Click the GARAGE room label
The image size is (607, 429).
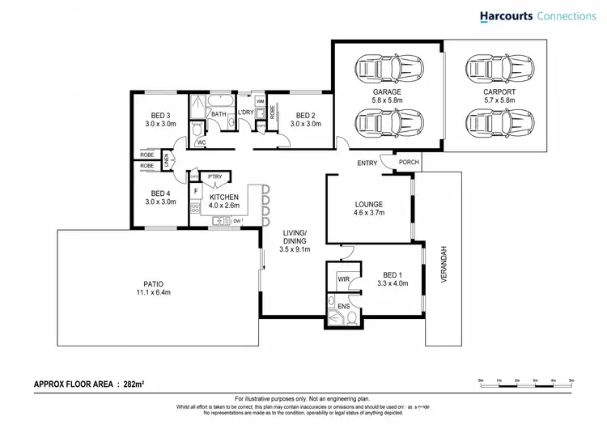[x=387, y=92]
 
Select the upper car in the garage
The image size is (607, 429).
[x=387, y=67]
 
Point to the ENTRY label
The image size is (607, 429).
[x=367, y=164]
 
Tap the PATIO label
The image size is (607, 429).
[x=155, y=284]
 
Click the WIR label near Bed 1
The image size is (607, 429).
[x=343, y=278]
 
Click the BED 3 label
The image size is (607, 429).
[x=160, y=115]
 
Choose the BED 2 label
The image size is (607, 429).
[x=305, y=115]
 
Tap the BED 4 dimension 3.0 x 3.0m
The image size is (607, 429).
[x=160, y=202]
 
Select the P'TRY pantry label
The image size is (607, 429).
[x=215, y=176]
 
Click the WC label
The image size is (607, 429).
[x=202, y=144]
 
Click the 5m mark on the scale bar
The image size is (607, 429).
[x=571, y=380]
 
